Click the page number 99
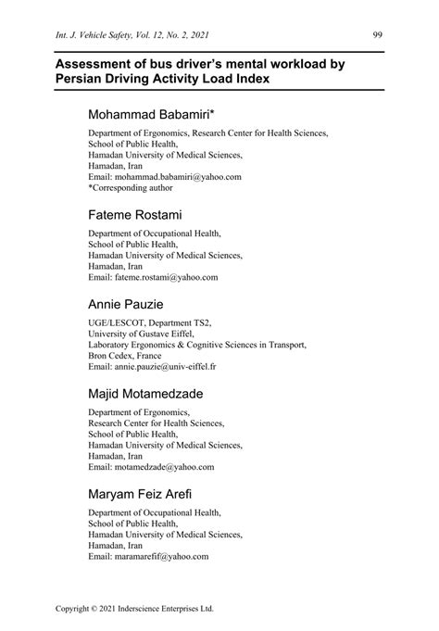[x=378, y=35]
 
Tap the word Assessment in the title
[x=99, y=64]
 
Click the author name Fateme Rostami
[x=137, y=215]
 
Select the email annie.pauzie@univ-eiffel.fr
[x=167, y=366]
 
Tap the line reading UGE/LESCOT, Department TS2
[x=150, y=322]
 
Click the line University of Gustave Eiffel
[x=141, y=333]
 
